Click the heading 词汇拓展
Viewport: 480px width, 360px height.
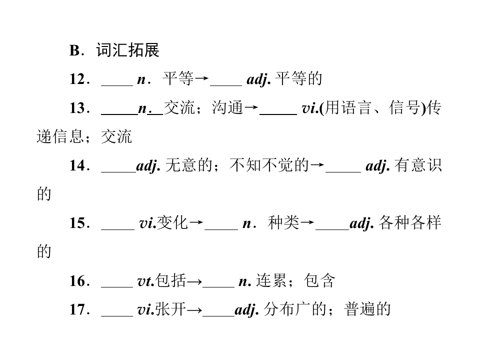click(127, 50)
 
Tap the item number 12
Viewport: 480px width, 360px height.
click(77, 79)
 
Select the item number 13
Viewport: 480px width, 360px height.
click(77, 108)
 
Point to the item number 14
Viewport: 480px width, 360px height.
click(77, 165)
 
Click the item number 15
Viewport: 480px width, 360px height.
click(77, 223)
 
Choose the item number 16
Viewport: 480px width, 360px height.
click(77, 281)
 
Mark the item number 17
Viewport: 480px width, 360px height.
click(77, 309)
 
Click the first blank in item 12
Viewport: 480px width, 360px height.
click(117, 85)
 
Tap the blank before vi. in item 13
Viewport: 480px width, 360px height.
click(278, 114)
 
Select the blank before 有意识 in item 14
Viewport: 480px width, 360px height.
click(343, 172)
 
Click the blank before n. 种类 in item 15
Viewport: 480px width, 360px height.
click(221, 229)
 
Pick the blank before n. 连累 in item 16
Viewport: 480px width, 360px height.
click(218, 287)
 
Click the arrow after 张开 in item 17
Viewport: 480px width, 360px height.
click(194, 310)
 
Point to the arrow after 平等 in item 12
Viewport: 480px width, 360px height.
click(201, 78)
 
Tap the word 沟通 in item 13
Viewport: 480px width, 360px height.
click(227, 108)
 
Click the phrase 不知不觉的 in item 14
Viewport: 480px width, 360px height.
click(269, 165)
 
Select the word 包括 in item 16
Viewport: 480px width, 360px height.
click(170, 280)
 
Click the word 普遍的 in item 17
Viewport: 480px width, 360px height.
click(367, 309)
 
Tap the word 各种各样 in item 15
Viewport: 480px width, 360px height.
click(409, 222)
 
